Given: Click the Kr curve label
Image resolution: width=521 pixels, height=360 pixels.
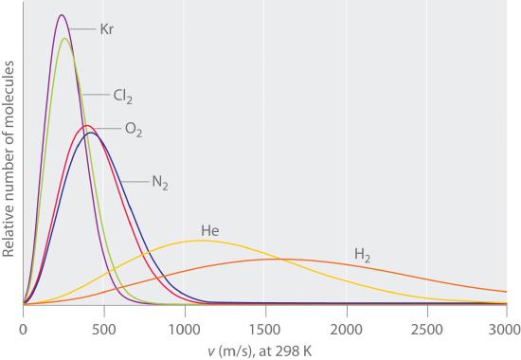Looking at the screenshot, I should [107, 29].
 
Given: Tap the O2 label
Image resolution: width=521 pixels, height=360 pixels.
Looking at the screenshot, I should [134, 130].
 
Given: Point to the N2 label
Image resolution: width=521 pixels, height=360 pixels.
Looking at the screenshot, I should [159, 181].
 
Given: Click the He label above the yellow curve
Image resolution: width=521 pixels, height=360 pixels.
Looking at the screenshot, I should [209, 230].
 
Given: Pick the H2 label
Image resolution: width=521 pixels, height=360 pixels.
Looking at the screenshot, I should [363, 254].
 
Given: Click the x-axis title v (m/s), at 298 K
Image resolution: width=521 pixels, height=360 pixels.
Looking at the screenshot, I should [264, 350].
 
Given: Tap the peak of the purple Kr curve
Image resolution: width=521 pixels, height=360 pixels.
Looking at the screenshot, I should [62, 15].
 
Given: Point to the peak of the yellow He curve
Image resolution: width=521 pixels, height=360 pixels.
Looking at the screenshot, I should [201, 241].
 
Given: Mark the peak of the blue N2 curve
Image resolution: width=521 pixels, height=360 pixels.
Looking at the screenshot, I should [92, 132].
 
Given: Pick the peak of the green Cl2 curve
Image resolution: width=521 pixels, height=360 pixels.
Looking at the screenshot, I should [64, 38].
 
